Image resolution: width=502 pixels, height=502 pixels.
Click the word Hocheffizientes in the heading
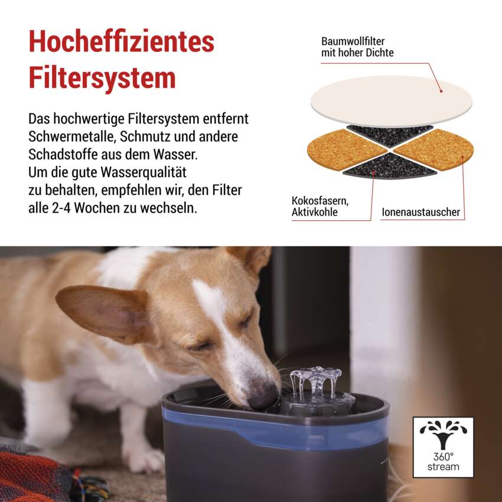pos(121,41)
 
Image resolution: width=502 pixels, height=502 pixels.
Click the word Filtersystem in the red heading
pos(102,77)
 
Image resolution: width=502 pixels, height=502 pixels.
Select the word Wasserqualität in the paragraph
pos(144,172)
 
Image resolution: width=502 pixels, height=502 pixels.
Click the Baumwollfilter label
pos(353,41)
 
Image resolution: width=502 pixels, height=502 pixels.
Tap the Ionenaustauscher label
pos(420,212)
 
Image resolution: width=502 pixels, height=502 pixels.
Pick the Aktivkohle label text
pos(314,212)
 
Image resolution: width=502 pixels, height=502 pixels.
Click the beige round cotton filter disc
pos(391,100)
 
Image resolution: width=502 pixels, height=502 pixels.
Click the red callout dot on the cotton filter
pos(441,91)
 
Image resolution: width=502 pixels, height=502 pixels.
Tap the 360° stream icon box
pos(443,447)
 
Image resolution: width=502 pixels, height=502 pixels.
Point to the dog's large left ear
pos(102,312)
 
